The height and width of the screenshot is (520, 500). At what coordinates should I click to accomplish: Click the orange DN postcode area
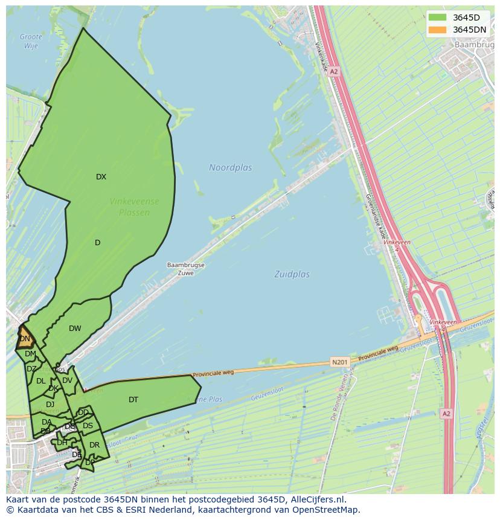click(x=24, y=339)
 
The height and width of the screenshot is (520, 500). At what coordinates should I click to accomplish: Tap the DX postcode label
click(x=101, y=177)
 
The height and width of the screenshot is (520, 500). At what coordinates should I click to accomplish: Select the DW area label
click(x=75, y=329)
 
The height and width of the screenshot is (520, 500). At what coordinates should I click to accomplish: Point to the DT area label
click(x=133, y=400)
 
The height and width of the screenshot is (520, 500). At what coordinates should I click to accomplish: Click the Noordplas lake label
click(x=231, y=167)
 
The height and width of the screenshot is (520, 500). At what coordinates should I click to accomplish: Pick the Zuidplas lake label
click(x=292, y=274)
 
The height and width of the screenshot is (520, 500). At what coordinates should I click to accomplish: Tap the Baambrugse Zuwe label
click(x=186, y=269)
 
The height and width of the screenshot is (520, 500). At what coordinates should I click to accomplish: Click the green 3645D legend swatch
click(x=437, y=17)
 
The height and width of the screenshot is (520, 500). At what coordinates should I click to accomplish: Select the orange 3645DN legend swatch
click(x=437, y=30)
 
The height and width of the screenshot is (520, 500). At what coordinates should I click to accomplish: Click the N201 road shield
click(x=340, y=362)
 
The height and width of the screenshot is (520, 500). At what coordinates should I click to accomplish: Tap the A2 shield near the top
click(x=334, y=71)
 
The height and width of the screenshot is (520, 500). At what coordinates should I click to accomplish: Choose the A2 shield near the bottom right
click(x=446, y=414)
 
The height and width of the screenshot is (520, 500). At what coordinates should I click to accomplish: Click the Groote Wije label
click(x=31, y=41)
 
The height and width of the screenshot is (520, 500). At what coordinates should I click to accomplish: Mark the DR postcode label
click(x=94, y=445)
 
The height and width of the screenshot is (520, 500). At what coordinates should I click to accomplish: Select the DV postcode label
click(x=67, y=380)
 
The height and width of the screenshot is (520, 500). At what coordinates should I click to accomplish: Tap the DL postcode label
click(x=40, y=381)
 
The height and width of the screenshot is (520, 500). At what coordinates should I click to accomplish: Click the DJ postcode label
click(x=50, y=405)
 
